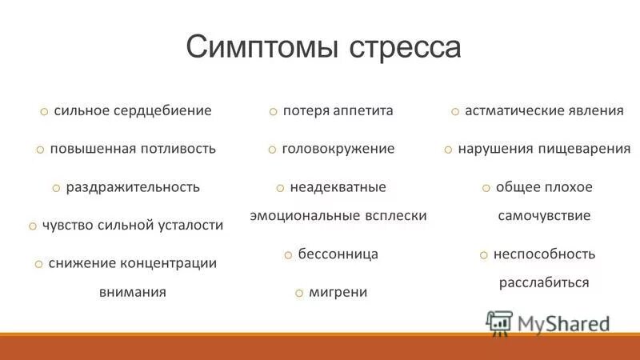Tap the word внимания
133,292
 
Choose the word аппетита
358,110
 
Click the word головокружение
338,149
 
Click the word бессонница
338,254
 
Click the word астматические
512,110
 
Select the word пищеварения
586,149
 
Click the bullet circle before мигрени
298,293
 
